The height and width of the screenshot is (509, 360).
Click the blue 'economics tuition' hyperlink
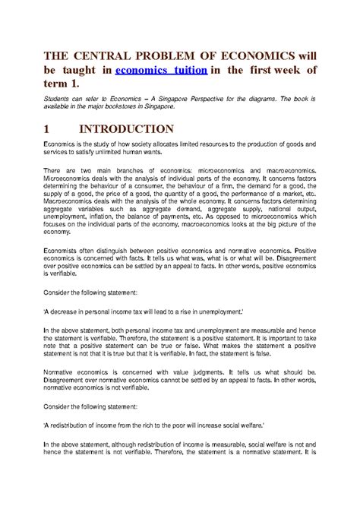[x=158, y=72]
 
